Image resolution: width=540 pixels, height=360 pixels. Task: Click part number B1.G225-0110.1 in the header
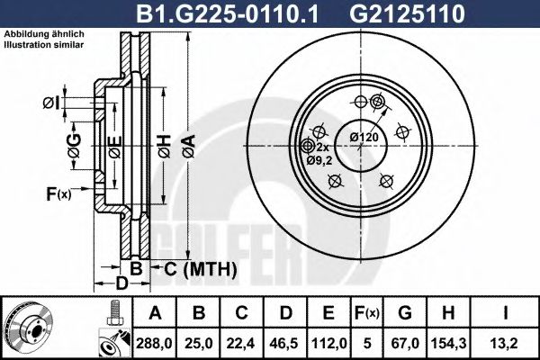pos(227,13)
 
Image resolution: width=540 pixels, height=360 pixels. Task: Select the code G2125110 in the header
pos(407,13)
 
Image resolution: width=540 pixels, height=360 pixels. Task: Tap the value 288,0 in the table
pos(154,344)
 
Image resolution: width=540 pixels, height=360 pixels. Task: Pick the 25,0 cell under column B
pos(199,344)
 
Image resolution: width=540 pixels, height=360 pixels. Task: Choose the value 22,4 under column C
pos(241,344)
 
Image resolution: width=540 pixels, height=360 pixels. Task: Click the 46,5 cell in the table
pos(284,344)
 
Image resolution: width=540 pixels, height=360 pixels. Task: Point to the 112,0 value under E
pos(328,344)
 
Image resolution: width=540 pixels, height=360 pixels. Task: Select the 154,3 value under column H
pos(448,344)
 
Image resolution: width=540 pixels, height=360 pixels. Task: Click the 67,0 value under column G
pos(405,344)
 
